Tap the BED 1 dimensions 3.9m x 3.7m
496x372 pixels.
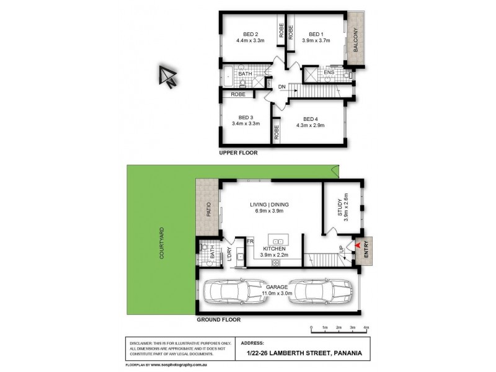pyautogui.click(x=316, y=41)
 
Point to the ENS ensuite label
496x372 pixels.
pyautogui.click(x=329, y=72)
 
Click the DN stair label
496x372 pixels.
pyautogui.click(x=282, y=86)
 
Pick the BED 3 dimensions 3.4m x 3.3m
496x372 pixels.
pyautogui.click(x=246, y=124)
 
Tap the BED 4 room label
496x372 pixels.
pyautogui.click(x=311, y=118)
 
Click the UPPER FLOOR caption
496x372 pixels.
pyautogui.click(x=238, y=153)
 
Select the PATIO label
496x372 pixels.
pyautogui.click(x=208, y=211)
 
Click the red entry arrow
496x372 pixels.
pyautogui.click(x=356, y=246)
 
